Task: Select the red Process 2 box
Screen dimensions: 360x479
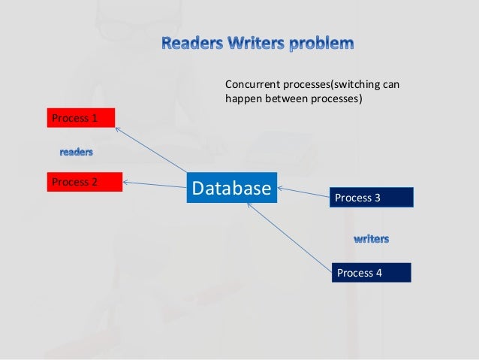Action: (x=84, y=181)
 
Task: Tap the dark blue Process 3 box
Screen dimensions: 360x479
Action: (x=371, y=198)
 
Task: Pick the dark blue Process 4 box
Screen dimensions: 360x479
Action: (x=371, y=272)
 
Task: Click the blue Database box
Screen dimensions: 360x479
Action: (x=231, y=188)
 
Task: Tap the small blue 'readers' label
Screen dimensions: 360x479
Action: (x=77, y=153)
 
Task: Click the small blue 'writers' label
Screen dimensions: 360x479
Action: (x=371, y=239)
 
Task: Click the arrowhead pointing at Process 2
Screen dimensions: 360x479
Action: (x=127, y=181)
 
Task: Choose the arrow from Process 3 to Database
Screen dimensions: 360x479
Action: (x=304, y=192)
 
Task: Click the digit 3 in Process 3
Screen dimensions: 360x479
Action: (x=378, y=198)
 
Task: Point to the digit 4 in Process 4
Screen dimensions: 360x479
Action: (x=379, y=272)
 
